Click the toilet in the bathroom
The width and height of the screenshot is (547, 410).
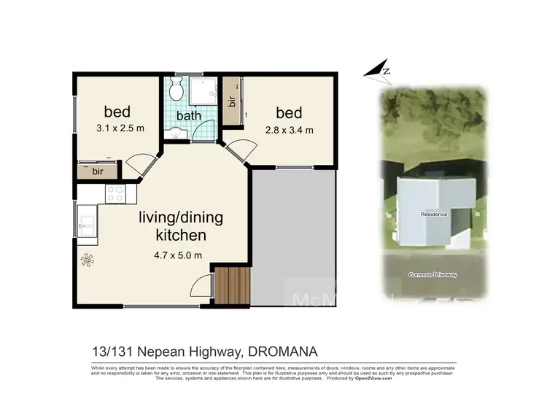click(176, 90)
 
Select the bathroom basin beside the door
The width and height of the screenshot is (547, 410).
click(174, 133)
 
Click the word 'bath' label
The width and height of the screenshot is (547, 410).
click(188, 115)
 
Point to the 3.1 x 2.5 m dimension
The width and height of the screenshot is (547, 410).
click(120, 128)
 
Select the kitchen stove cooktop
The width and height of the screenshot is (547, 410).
click(116, 193)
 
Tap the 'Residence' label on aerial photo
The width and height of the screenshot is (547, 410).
click(433, 214)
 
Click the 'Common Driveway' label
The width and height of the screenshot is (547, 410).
click(434, 275)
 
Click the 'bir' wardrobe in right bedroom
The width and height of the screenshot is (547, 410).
click(232, 102)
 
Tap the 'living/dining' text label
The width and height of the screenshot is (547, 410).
click(181, 218)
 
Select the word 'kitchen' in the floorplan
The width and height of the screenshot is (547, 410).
click(181, 236)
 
